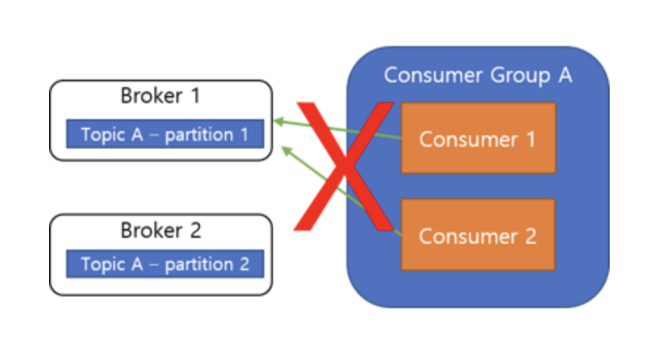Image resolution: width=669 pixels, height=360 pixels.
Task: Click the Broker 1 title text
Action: [160, 96]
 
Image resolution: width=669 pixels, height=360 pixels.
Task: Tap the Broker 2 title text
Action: [160, 230]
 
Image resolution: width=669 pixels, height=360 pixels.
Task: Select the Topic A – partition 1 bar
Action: [165, 135]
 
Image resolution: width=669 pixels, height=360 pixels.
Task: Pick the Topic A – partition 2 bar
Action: [165, 264]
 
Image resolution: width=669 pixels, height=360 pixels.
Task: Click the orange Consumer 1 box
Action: [478, 138]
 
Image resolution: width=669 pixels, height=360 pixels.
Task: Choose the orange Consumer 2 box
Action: [478, 236]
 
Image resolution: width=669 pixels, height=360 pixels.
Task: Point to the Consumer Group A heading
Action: [478, 75]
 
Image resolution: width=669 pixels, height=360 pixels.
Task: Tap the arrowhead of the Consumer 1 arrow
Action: [276, 121]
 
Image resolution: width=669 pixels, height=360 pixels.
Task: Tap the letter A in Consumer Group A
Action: [564, 75]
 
